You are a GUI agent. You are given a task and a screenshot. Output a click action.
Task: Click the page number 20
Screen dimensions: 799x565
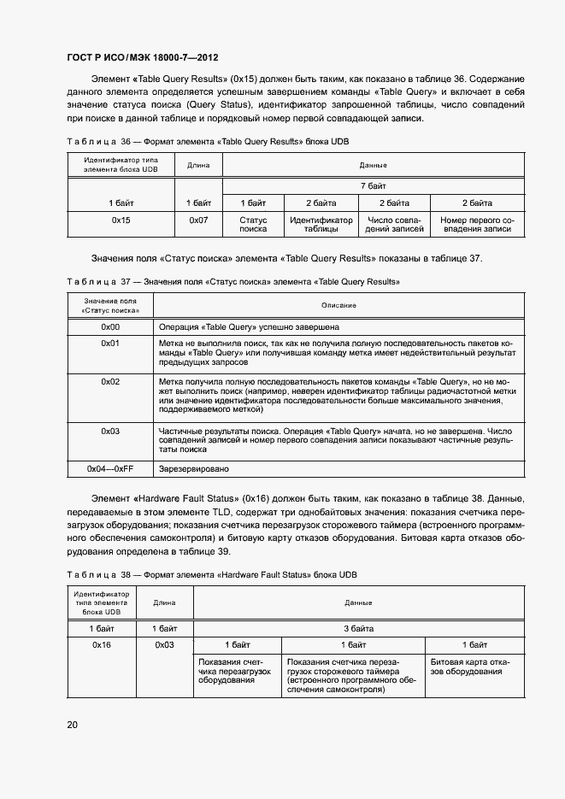point(73,725)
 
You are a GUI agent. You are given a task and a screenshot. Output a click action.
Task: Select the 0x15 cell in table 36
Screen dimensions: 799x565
point(121,220)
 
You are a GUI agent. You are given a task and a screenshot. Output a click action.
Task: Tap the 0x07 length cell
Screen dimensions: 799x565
point(198,220)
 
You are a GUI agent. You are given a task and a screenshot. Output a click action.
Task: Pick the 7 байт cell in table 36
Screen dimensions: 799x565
point(373,185)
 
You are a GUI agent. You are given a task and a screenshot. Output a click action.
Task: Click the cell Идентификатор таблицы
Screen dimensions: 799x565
point(321,225)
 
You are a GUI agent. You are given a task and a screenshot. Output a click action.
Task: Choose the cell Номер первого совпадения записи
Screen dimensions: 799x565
point(477,225)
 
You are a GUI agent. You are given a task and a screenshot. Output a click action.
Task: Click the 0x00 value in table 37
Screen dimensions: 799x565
point(110,326)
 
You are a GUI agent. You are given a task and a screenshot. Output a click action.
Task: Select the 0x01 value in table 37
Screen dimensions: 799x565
point(110,343)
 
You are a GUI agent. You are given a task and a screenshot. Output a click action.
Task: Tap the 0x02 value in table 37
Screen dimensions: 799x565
point(110,381)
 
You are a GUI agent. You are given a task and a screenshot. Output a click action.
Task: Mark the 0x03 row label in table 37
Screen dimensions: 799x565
point(110,431)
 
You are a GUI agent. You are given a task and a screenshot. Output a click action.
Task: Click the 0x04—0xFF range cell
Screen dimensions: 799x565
point(110,469)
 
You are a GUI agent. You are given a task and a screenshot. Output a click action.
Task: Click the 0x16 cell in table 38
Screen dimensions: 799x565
point(102,644)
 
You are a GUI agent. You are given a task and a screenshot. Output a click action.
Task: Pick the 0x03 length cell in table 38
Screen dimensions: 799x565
point(164,644)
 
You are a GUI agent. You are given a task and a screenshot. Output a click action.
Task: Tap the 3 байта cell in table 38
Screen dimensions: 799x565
point(359,628)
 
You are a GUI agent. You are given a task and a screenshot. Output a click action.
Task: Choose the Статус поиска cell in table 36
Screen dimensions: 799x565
point(253,225)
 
